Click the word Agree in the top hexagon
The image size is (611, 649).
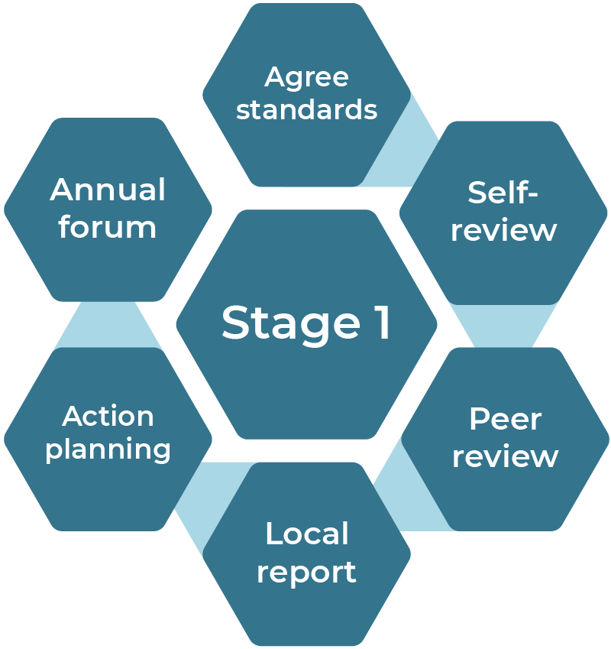pyautogui.click(x=306, y=78)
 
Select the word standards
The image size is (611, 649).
pyautogui.click(x=306, y=110)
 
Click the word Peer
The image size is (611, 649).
pyautogui.click(x=505, y=420)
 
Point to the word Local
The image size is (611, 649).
pyautogui.click(x=306, y=534)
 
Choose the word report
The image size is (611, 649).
pyautogui.click(x=306, y=572)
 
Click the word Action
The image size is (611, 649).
pyautogui.click(x=108, y=417)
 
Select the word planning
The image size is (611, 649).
pyautogui.click(x=108, y=449)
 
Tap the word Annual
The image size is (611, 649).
pyautogui.click(x=108, y=190)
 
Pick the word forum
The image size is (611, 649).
pyautogui.click(x=108, y=227)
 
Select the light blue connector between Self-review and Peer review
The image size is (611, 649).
pyautogui.click(x=504, y=325)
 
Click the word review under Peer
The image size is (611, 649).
pyautogui.click(x=505, y=456)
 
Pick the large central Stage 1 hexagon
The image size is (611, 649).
pyautogui.click(x=306, y=367)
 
